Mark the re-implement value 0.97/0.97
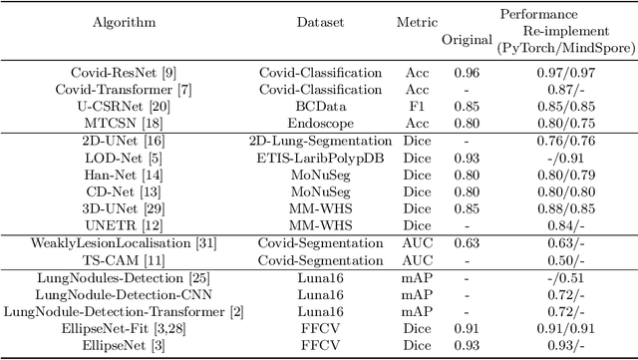click(566, 73)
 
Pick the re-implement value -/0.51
click(566, 278)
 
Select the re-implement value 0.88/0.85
click(566, 209)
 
